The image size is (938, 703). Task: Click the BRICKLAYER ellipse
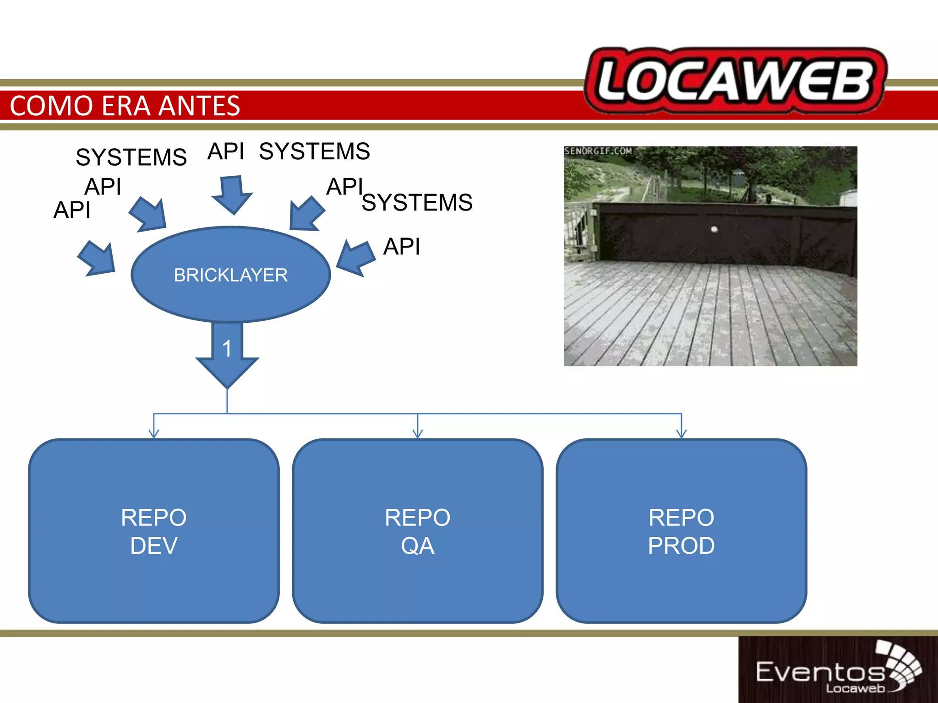click(230, 275)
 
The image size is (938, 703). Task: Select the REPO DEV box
click(154, 531)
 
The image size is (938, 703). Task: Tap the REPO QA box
click(417, 531)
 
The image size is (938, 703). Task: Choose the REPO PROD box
click(681, 531)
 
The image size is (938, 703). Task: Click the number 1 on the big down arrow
click(227, 349)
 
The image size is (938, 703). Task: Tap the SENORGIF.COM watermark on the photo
click(598, 151)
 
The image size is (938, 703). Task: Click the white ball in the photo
click(714, 229)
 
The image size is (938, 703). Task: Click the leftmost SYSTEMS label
click(131, 157)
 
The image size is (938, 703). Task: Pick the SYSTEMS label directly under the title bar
click(315, 151)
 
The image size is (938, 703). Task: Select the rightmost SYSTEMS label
click(417, 202)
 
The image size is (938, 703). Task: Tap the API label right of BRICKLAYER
click(402, 246)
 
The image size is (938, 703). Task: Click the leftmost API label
click(72, 210)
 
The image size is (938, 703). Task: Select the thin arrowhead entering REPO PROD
click(682, 433)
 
